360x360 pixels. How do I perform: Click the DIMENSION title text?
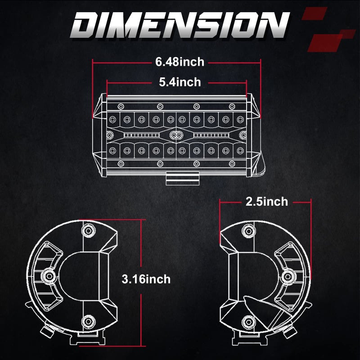pos(180,25)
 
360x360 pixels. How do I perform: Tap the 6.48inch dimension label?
pos(180,62)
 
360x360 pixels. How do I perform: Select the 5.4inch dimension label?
pos(180,82)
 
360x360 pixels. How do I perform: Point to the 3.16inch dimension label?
pos(146,279)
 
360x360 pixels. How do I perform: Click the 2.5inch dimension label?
pos(267,202)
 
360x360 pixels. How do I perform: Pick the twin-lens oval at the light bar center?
pos(176,135)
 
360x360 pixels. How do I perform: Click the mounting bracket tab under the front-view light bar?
pos(182,178)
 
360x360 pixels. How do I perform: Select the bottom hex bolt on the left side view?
pos(88,321)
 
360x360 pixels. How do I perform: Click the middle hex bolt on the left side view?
pos(49,276)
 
